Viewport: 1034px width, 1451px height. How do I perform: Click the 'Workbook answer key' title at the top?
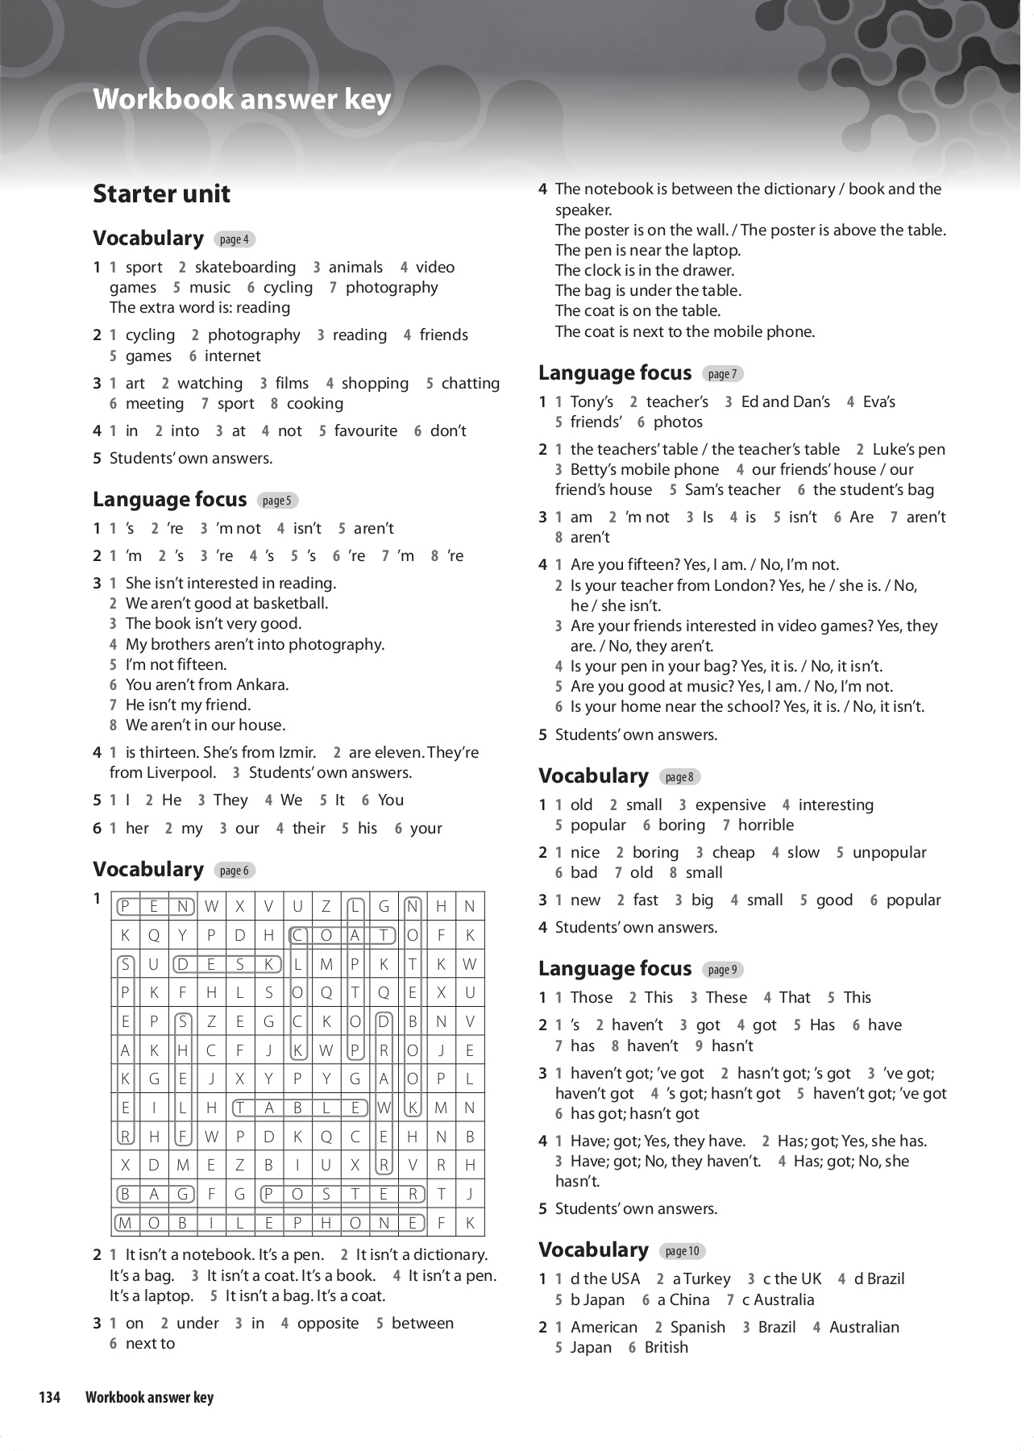[x=242, y=99]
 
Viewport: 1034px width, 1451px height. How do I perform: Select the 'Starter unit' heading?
[x=161, y=194]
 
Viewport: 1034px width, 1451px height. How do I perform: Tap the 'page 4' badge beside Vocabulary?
[x=235, y=239]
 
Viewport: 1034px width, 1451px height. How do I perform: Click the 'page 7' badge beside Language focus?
[x=722, y=374]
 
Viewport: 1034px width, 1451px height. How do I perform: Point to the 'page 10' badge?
[x=682, y=1251]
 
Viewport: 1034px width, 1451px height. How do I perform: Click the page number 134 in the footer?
[x=50, y=1398]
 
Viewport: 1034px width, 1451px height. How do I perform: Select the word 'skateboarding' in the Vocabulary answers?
[x=245, y=268]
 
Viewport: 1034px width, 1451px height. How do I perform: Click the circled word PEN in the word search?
[x=154, y=907]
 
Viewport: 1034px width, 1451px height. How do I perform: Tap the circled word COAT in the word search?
[x=341, y=936]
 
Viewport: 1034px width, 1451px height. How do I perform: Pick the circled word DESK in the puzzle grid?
[x=226, y=964]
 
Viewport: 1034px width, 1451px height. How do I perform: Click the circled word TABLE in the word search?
[x=298, y=1108]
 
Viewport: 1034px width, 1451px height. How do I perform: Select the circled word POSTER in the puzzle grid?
[x=341, y=1194]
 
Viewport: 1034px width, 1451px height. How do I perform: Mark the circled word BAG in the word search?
[x=154, y=1194]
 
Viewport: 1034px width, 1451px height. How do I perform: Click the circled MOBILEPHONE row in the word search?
[x=269, y=1223]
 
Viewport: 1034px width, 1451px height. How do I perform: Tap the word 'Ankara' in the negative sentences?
[x=262, y=685]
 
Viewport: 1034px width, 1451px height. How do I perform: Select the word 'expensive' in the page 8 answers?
[x=730, y=805]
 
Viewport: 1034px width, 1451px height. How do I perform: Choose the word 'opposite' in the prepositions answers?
[x=327, y=1324]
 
